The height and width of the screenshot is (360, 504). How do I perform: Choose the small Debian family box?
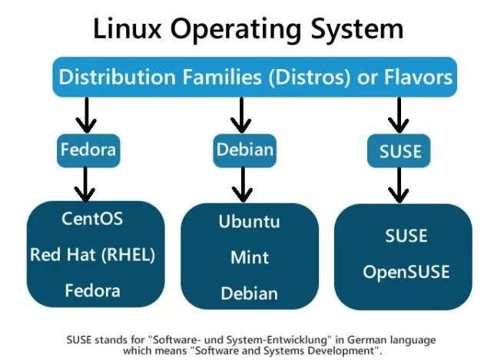click(244, 149)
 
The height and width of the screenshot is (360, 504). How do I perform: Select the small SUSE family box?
click(400, 150)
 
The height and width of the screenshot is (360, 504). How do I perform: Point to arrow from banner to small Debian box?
click(242, 115)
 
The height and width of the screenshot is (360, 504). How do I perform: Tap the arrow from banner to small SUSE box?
click(399, 117)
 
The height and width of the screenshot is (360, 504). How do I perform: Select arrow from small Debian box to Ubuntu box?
click(243, 184)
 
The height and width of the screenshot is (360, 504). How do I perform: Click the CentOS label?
click(92, 219)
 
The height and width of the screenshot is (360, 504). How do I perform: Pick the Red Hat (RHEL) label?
click(92, 255)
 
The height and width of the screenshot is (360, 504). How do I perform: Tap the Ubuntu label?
click(250, 222)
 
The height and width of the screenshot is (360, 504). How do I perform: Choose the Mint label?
click(250, 257)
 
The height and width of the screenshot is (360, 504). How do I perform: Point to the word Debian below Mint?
click(250, 293)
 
